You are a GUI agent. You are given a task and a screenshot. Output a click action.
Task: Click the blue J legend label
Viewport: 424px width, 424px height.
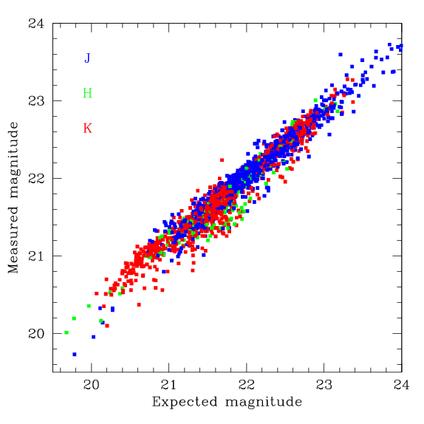point(87,58)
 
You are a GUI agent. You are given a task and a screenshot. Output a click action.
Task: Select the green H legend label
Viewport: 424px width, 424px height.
point(87,93)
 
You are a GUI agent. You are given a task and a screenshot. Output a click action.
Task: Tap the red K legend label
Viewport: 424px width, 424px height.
point(87,129)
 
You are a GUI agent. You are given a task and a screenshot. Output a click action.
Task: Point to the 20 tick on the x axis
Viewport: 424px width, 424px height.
point(92,384)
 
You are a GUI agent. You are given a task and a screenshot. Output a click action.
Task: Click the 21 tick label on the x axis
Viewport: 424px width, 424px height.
point(168,384)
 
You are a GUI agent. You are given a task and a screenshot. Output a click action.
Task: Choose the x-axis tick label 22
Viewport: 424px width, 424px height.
point(246,384)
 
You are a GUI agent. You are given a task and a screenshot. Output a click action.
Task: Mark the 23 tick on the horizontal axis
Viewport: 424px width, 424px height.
point(324,384)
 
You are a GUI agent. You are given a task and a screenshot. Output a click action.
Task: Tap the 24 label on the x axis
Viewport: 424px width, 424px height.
point(401,384)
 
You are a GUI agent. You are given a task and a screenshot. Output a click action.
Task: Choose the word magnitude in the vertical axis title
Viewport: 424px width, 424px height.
point(14,160)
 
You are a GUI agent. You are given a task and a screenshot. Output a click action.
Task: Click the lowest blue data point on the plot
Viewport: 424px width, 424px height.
point(75,355)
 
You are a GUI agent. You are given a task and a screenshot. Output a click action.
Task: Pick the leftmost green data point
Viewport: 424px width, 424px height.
point(66,332)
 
